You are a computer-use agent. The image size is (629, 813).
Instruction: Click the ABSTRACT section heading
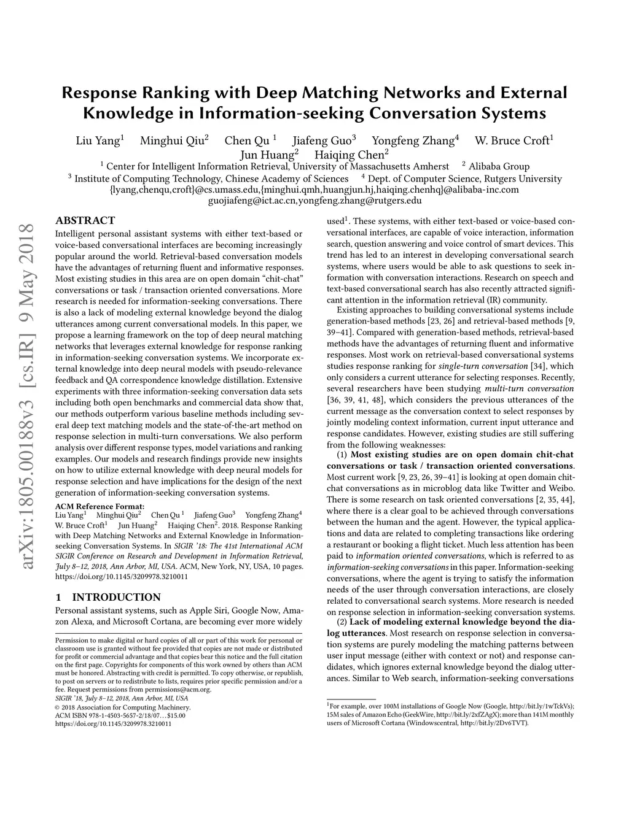tap(85, 221)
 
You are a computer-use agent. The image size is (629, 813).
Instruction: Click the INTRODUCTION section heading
tap(116, 597)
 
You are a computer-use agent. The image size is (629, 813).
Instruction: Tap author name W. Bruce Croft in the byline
tap(512, 141)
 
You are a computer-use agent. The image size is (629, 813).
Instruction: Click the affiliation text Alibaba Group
tap(499, 166)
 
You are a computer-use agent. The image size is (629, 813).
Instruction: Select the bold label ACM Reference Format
tap(100, 506)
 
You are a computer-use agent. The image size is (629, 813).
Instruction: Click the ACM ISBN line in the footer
tap(120, 715)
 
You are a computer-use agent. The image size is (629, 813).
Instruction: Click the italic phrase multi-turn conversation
tap(529, 388)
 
